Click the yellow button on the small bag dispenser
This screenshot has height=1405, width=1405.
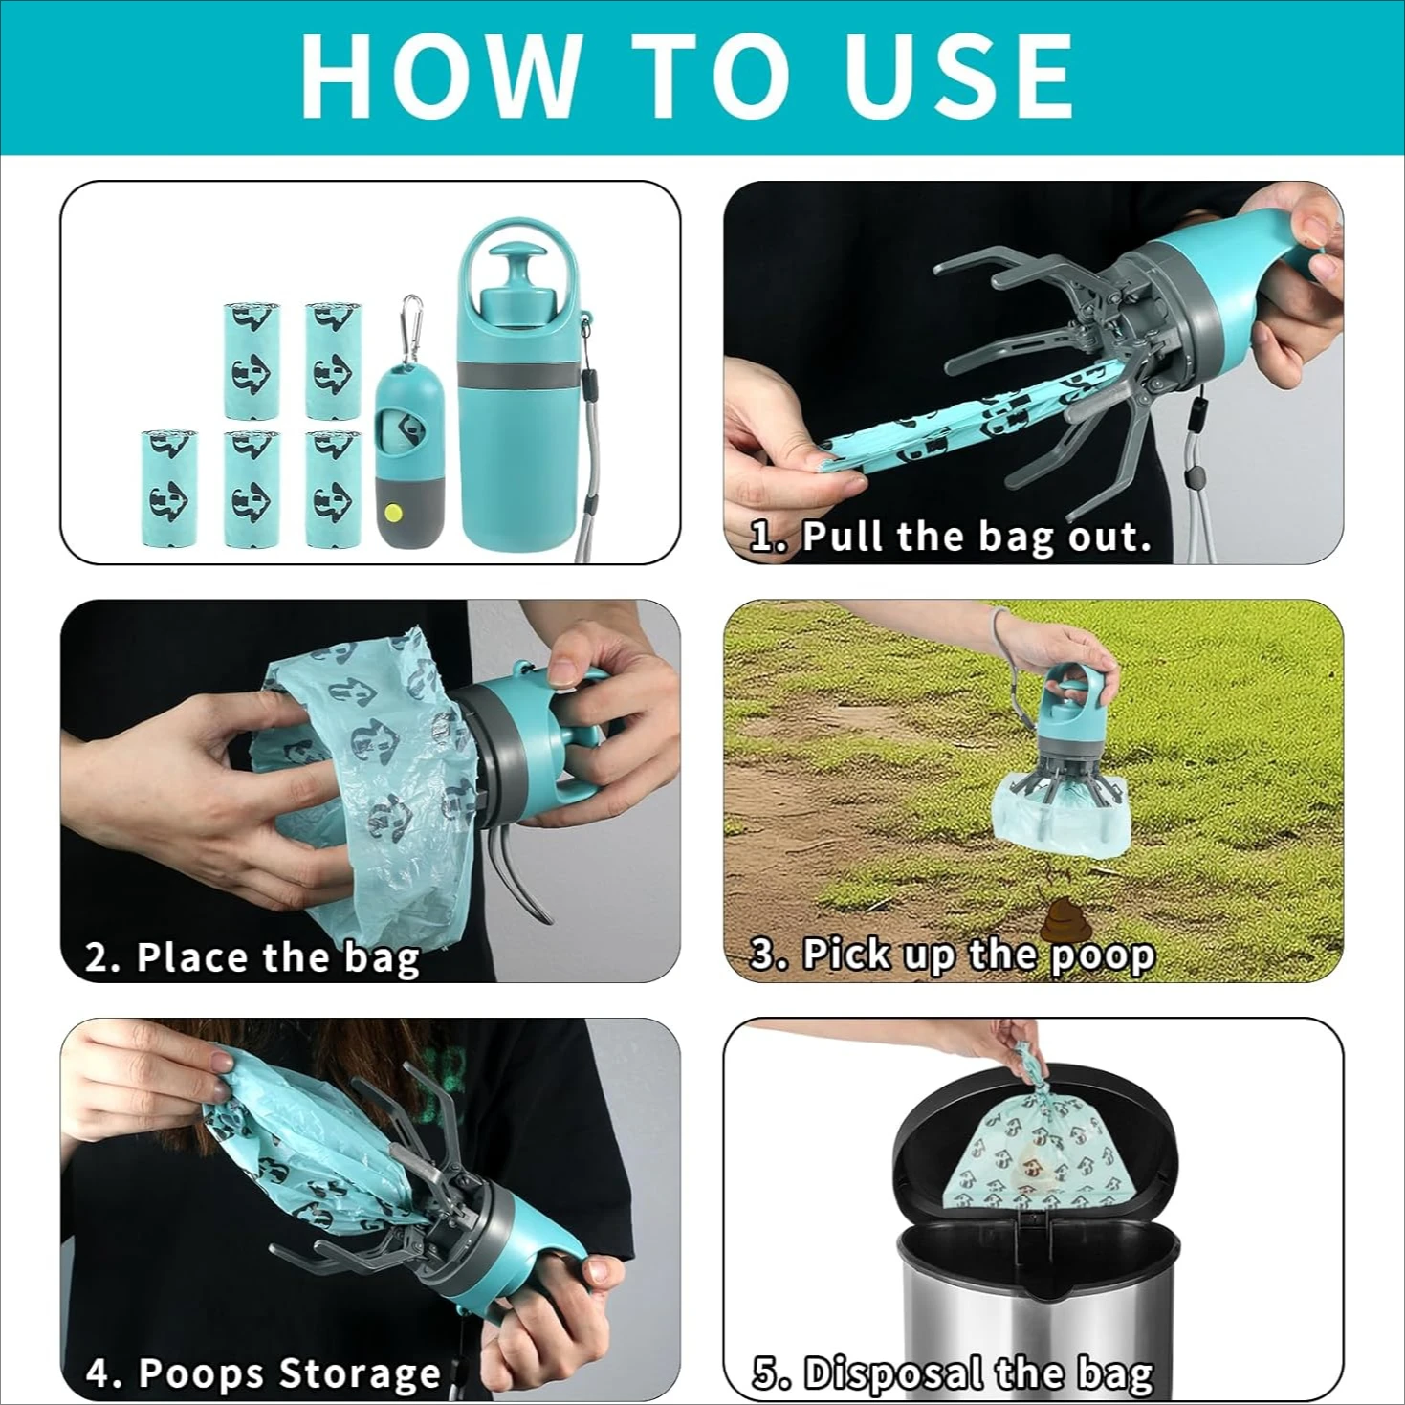coord(392,512)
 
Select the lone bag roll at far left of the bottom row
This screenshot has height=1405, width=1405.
coord(169,488)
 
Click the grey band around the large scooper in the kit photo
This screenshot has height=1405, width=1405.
coord(516,375)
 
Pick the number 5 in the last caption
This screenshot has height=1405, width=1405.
coord(765,1373)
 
